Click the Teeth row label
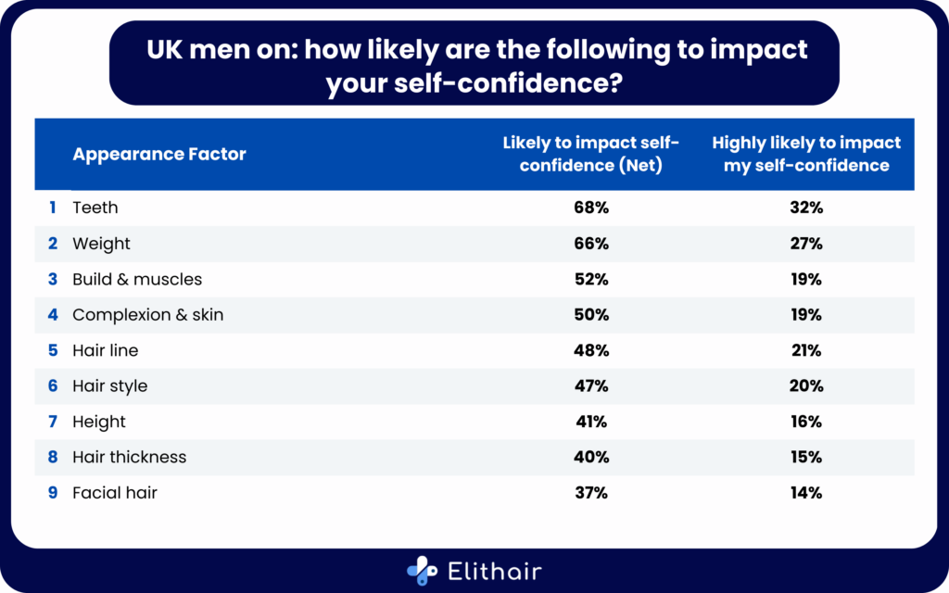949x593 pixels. click(95, 208)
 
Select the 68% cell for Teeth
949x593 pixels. click(590, 208)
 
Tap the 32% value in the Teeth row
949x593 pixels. click(806, 208)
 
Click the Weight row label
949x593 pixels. click(101, 244)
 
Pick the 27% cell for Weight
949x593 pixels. click(806, 244)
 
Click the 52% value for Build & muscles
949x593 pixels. click(590, 279)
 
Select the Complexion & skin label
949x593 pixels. click(147, 315)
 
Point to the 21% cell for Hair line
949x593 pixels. click(806, 350)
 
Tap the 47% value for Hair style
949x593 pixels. click(590, 385)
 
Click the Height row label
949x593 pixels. click(99, 422)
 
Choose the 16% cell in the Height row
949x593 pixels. click(806, 422)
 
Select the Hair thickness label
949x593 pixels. click(129, 457)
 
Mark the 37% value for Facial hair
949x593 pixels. click(590, 493)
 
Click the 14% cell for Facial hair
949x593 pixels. click(806, 493)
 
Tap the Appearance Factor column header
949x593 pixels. click(159, 155)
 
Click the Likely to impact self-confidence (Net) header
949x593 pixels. click(590, 155)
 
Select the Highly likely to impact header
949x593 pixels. click(806, 155)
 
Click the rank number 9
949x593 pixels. click(53, 493)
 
